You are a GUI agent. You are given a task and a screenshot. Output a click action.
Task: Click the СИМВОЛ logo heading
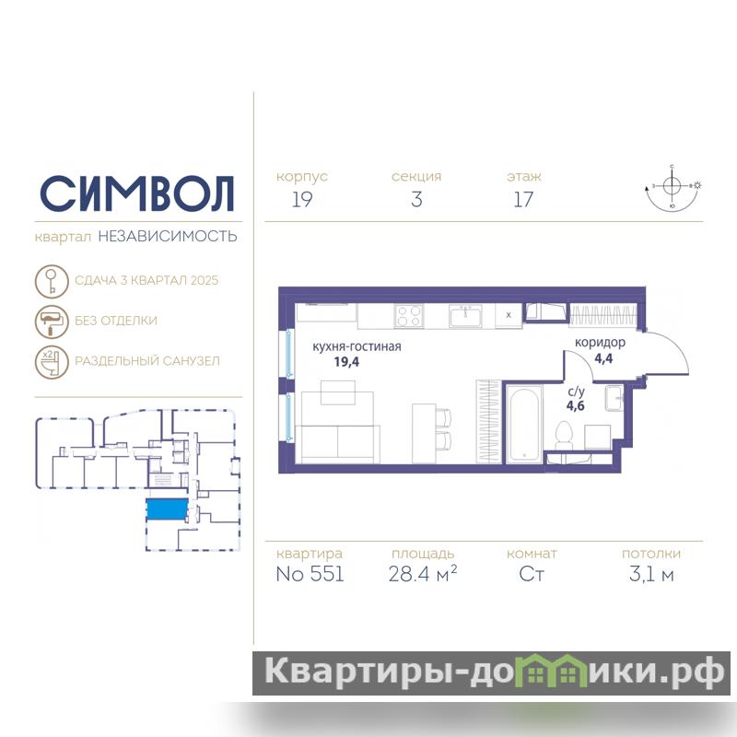click(x=136, y=193)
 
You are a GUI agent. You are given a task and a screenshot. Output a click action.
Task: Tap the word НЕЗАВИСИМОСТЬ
click(x=168, y=236)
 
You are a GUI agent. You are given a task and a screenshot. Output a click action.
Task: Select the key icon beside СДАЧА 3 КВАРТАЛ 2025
click(x=52, y=281)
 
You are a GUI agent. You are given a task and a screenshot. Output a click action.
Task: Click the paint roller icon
click(x=52, y=322)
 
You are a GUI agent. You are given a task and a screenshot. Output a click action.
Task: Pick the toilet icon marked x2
click(x=52, y=362)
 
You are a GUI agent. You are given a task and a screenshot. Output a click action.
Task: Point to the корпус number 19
click(x=302, y=199)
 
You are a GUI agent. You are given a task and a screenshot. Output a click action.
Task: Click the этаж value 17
click(x=523, y=199)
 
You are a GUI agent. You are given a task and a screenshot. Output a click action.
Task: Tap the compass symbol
click(x=673, y=187)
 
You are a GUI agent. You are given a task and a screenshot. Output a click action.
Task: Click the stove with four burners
click(x=409, y=316)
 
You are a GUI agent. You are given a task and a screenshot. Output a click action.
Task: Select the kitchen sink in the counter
click(x=465, y=315)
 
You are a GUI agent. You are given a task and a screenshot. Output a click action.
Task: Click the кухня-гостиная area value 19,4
click(x=346, y=362)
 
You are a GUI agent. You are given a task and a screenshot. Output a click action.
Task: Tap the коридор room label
click(x=600, y=343)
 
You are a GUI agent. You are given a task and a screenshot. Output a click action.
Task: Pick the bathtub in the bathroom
click(x=523, y=424)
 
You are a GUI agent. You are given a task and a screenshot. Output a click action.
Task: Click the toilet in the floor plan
click(x=564, y=435)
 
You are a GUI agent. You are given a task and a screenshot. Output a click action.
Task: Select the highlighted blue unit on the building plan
click(x=168, y=509)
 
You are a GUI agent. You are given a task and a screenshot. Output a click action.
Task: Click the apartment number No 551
click(x=310, y=574)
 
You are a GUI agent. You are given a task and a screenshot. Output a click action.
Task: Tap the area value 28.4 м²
click(x=423, y=574)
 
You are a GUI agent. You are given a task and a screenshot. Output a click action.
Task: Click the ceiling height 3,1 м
click(x=651, y=574)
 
